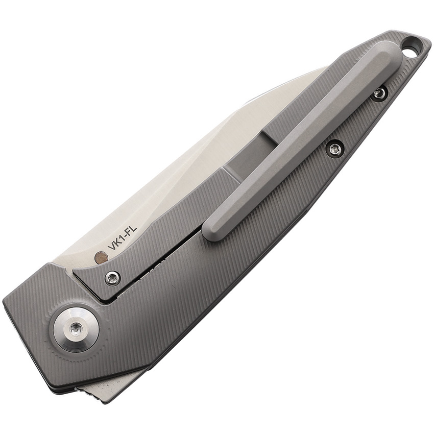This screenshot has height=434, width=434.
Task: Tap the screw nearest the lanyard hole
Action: point(379,93)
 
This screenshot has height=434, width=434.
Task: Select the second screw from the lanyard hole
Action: point(334,149)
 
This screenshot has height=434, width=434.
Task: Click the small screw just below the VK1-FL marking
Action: point(112,278)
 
